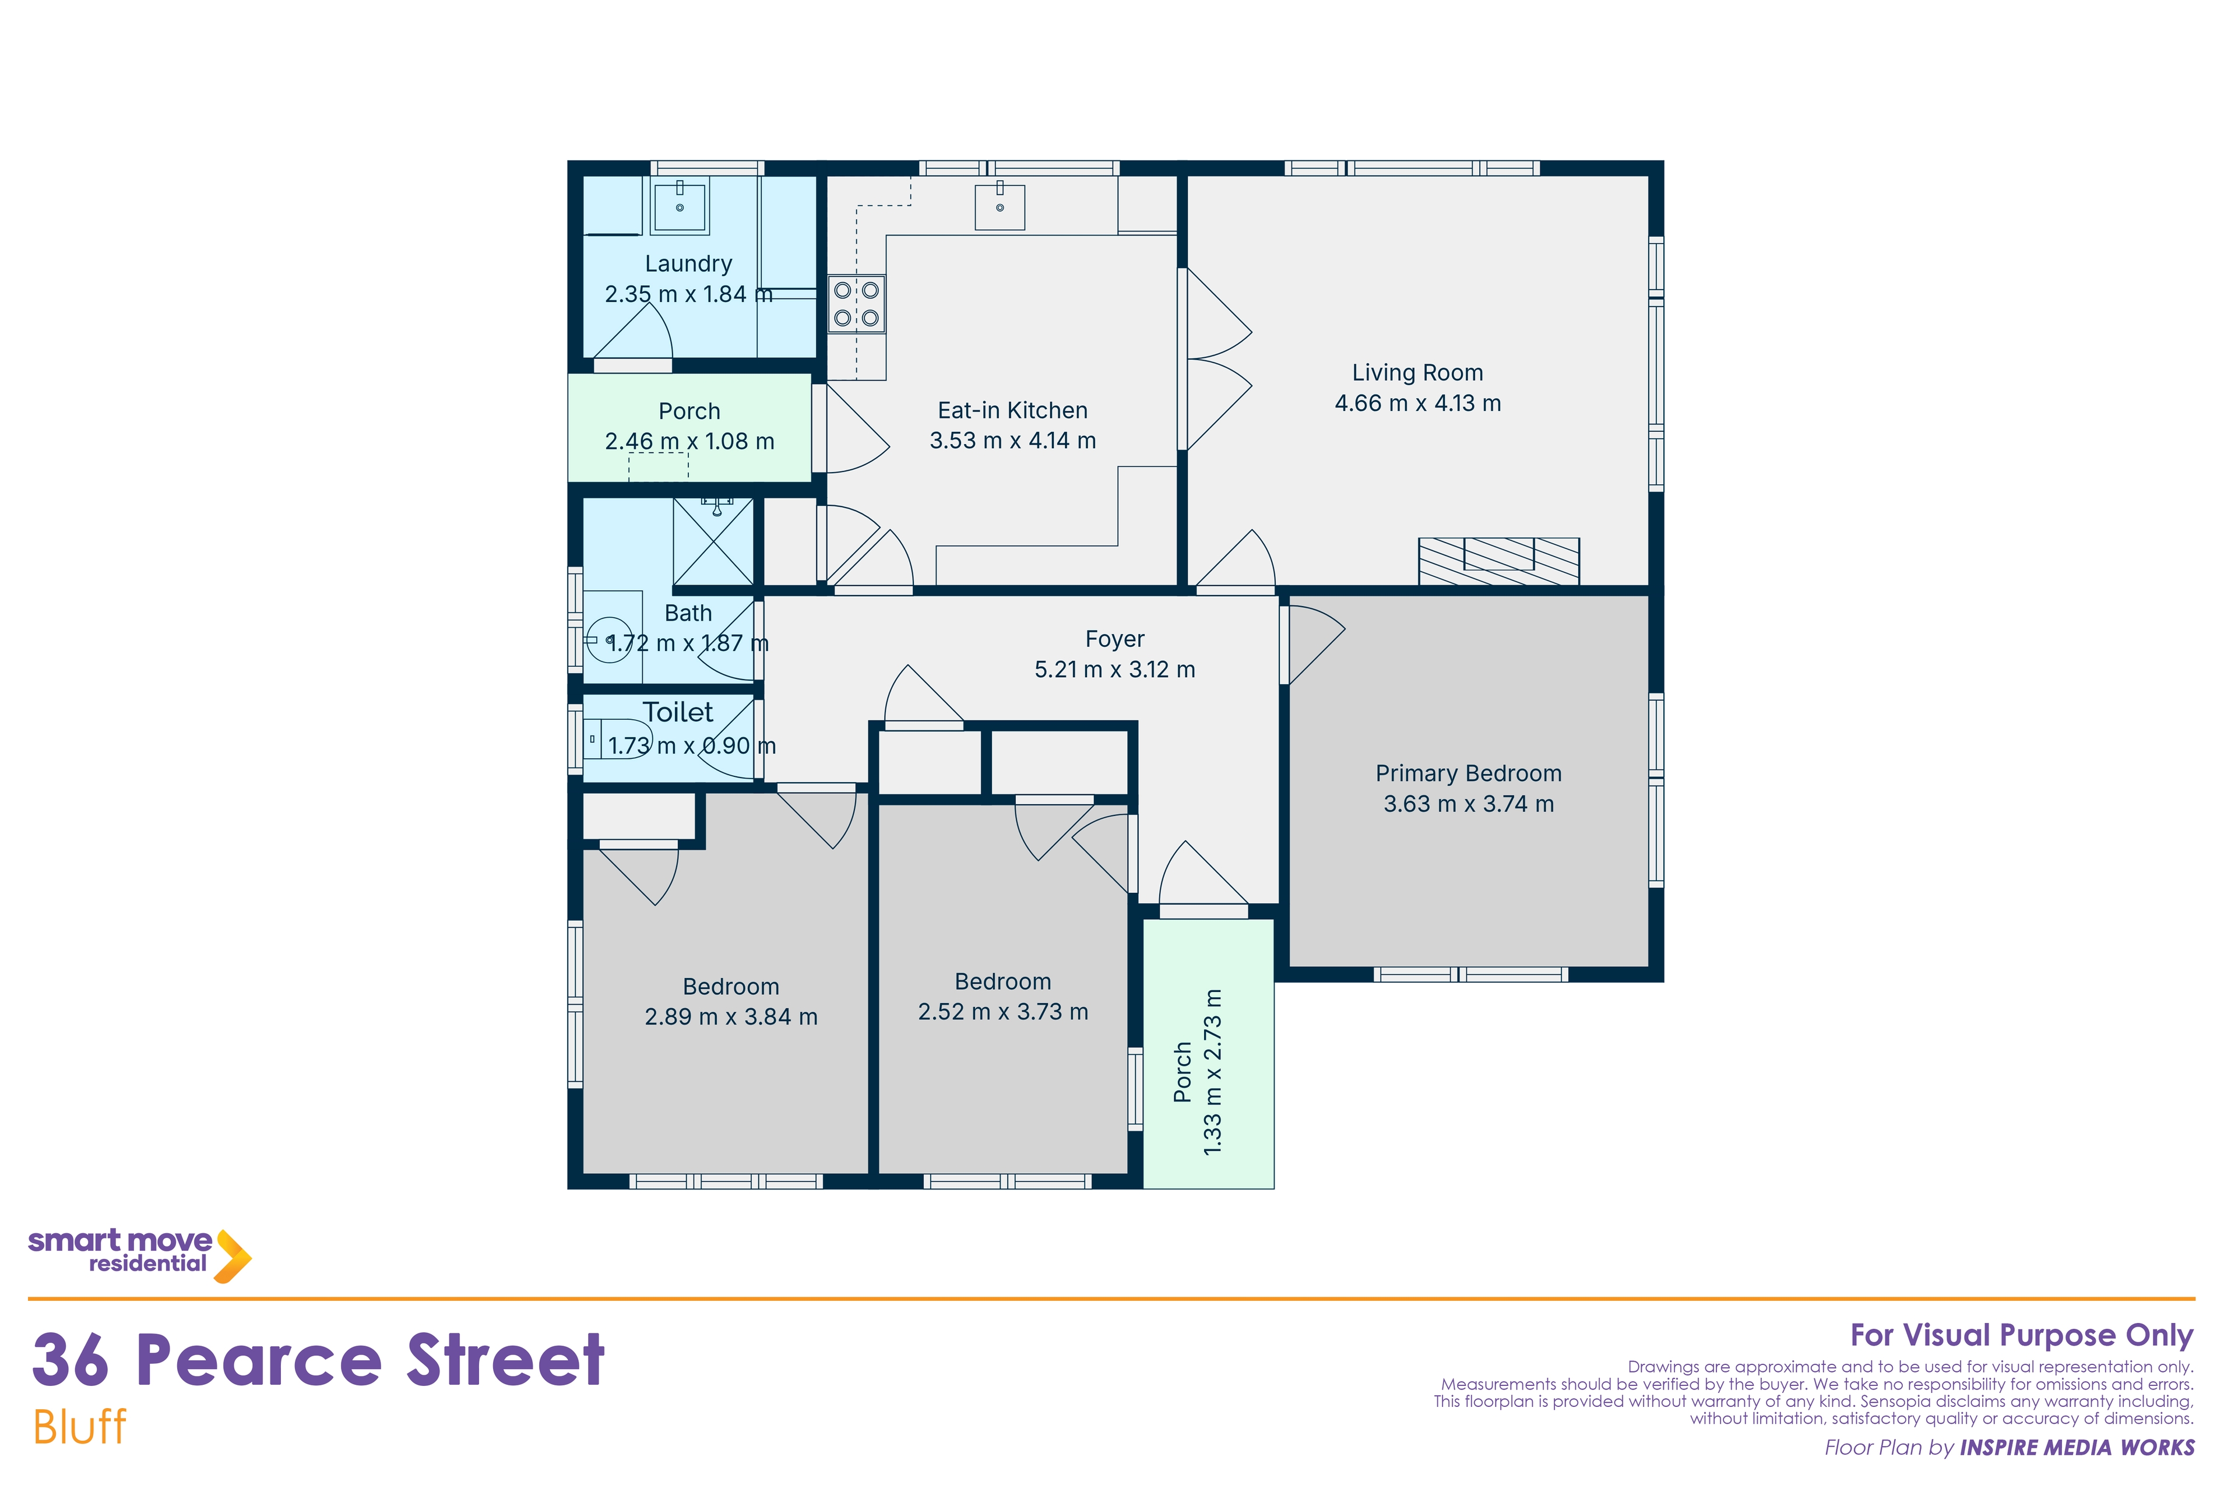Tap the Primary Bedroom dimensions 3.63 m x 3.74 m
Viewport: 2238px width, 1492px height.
[x=1468, y=804]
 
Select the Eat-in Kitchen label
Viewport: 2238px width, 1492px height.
[x=1012, y=410]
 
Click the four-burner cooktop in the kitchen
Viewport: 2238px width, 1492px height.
[x=856, y=304]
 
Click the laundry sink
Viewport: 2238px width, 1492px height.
[x=680, y=206]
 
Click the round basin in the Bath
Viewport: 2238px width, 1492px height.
[x=609, y=639]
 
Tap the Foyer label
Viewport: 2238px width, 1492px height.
[x=1114, y=639]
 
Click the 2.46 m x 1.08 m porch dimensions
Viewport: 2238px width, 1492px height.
[x=690, y=442]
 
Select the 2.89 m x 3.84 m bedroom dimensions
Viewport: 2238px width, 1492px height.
[x=731, y=1017]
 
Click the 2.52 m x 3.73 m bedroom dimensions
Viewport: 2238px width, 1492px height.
[x=1003, y=1012]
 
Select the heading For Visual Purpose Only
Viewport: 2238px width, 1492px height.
[x=2021, y=1336]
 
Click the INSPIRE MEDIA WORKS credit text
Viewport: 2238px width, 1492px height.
[x=2077, y=1447]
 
